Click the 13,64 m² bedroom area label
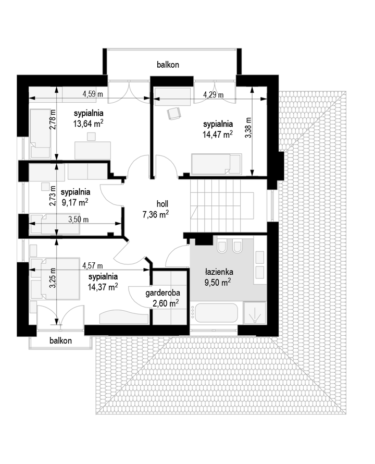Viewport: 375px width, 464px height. click(88, 124)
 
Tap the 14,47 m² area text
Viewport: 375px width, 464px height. click(217, 135)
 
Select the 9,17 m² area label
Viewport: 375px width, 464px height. click(75, 202)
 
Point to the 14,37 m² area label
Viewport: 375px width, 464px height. click(103, 287)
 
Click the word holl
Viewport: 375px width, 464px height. click(162, 204)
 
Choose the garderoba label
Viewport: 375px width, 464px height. click(162, 293)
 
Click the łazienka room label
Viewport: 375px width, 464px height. click(219, 272)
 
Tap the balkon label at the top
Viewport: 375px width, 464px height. click(168, 65)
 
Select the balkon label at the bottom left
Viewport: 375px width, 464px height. click(60, 340)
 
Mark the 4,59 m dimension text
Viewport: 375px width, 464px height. click(93, 94)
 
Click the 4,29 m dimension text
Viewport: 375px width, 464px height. click(213, 95)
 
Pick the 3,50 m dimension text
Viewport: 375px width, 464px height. click(78, 219)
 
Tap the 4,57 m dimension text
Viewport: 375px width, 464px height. click(93, 266)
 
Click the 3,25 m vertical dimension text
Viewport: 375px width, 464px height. click(53, 277)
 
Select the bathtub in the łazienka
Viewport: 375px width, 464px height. click(214, 313)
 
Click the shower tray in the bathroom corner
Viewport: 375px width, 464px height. click(254, 313)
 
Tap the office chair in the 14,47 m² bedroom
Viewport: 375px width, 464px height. click(173, 113)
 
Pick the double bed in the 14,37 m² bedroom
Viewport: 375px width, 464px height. click(55, 279)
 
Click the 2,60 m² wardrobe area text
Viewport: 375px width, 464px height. click(166, 303)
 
